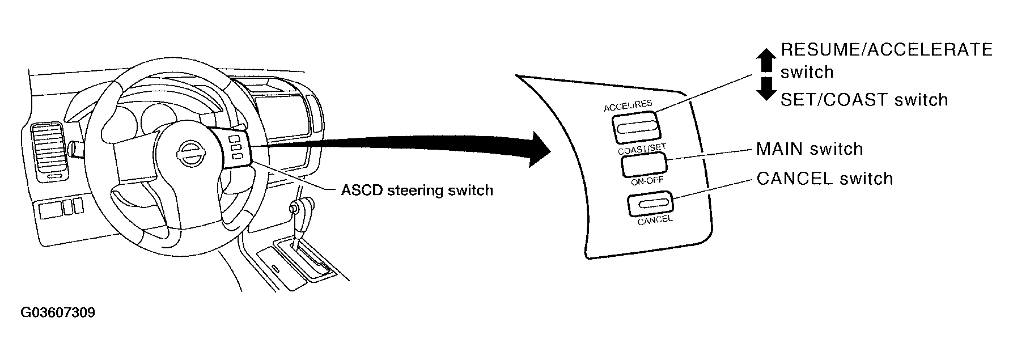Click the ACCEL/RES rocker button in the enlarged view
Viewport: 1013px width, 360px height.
click(635, 126)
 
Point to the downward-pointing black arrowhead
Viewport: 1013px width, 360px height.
click(766, 88)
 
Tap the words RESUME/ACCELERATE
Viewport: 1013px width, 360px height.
click(887, 50)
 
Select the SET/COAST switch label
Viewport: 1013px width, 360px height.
click(864, 100)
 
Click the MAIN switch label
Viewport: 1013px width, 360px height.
click(809, 149)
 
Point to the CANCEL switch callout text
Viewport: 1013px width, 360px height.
click(825, 179)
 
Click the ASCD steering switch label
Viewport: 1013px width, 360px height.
click(417, 190)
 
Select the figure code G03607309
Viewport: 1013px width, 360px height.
click(58, 313)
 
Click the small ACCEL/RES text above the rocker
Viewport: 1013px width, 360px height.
click(628, 105)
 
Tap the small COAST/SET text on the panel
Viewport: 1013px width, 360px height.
click(642, 148)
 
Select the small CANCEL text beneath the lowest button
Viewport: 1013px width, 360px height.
click(655, 220)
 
